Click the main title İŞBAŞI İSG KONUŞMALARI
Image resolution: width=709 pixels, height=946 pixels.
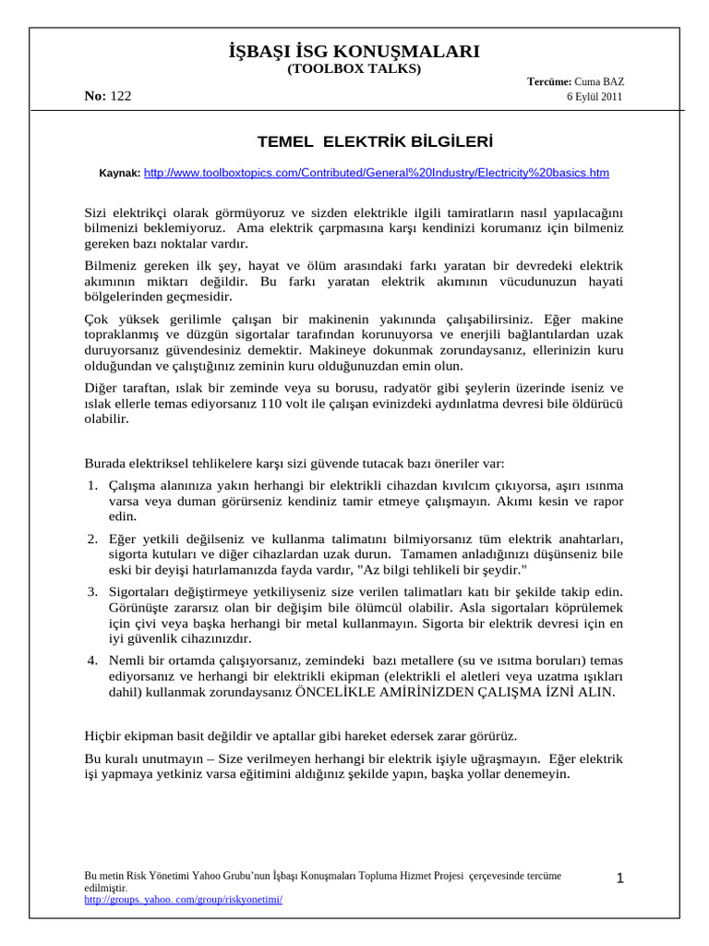354,51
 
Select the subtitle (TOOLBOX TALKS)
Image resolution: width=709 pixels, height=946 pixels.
354,69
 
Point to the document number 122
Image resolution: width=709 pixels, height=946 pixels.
121,97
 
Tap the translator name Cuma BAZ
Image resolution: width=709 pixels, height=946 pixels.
599,82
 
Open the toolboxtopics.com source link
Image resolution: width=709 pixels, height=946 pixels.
377,173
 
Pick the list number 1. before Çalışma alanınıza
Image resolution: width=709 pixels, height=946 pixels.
93,486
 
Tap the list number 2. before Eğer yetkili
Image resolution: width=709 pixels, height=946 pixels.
93,539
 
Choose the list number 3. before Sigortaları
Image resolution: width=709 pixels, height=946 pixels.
93,591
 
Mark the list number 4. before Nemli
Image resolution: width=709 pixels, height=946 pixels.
93,661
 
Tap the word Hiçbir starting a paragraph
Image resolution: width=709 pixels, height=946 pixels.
104,736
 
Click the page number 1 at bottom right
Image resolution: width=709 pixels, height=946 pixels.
620,879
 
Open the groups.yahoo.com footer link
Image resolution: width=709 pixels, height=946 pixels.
183,899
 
